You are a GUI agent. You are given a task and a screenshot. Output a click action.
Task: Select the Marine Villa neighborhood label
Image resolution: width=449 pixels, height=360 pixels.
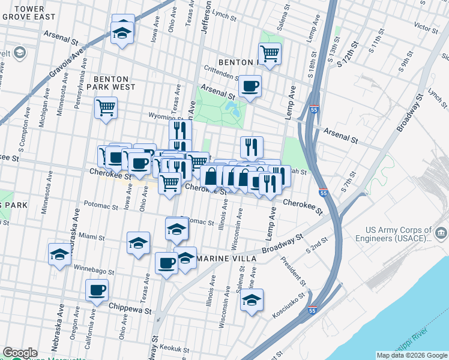(228, 259)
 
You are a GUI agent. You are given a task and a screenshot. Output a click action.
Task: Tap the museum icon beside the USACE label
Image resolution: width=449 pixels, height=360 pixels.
(441, 232)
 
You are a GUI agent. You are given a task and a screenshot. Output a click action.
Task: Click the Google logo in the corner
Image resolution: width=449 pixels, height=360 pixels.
(20, 353)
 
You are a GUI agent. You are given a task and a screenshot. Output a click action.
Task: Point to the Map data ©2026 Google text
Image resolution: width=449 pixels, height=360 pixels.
(411, 355)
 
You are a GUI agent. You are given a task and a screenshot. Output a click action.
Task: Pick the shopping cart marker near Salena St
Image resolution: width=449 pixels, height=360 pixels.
(270, 53)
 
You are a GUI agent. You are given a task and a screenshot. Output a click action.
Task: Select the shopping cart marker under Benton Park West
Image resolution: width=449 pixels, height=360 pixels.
(106, 108)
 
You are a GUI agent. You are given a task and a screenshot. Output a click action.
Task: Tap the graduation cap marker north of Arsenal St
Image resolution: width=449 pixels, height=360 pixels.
(122, 33)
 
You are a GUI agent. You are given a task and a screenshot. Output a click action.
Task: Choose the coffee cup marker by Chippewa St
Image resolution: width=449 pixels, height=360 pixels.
(96, 291)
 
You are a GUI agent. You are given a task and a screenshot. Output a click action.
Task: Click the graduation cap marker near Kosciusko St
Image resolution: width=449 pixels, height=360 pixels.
(252, 300)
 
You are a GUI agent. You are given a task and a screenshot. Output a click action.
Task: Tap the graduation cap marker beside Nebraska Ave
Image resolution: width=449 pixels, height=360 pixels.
(60, 254)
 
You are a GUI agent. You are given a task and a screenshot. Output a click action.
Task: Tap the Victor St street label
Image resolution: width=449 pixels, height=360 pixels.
(426, 28)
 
